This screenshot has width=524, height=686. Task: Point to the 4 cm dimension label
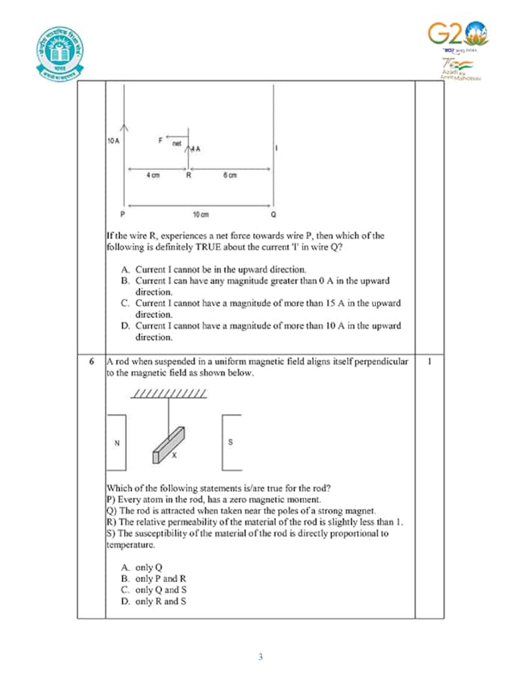pyautogui.click(x=152, y=175)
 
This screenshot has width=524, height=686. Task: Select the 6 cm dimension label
pyautogui.click(x=230, y=175)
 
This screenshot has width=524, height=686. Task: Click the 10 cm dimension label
pyautogui.click(x=200, y=214)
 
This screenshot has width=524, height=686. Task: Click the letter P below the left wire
pyautogui.click(x=124, y=214)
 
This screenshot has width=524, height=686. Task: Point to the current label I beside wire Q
pyautogui.click(x=278, y=148)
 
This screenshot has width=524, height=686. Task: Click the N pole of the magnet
pyautogui.click(x=117, y=442)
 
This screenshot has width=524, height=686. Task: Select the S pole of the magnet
pyautogui.click(x=231, y=442)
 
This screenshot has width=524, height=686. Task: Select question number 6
pyautogui.click(x=91, y=361)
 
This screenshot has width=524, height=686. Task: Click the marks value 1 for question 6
pyautogui.click(x=429, y=361)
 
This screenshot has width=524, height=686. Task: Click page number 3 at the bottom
pyautogui.click(x=261, y=658)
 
